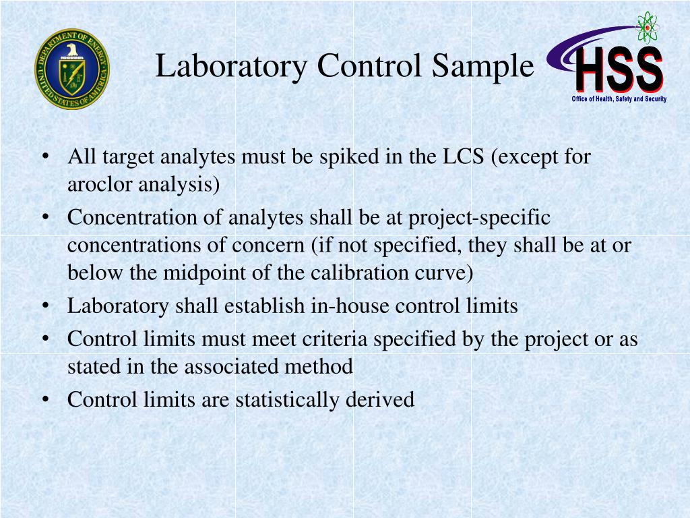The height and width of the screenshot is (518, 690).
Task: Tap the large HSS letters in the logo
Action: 619,69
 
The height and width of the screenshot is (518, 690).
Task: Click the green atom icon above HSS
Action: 648,26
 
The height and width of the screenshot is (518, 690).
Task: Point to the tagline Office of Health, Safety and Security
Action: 619,99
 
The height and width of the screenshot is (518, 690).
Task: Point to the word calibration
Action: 383,272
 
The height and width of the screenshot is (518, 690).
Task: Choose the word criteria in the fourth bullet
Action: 337,339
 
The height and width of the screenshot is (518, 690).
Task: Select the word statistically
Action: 288,400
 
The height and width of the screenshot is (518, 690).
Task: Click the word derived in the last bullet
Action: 380,400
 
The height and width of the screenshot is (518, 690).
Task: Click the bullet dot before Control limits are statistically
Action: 44,400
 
